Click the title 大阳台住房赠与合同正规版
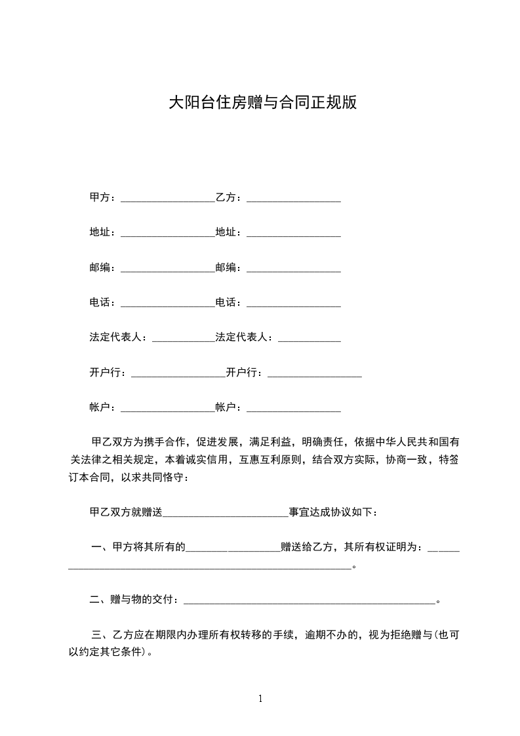(263, 103)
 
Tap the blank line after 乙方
(293, 199)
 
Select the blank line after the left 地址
(168, 235)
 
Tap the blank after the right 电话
(293, 305)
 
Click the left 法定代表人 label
(118, 337)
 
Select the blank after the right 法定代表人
(310, 340)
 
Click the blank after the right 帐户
(293, 410)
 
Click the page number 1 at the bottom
(260, 699)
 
